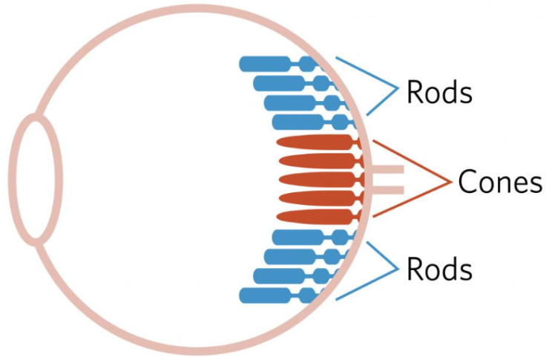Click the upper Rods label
coord(439,93)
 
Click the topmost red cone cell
coord(315,143)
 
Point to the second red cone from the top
coord(315,161)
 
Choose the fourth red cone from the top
coord(315,198)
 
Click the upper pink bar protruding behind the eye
coord(386,170)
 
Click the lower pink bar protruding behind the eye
coord(386,190)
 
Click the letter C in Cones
coord(467,182)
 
